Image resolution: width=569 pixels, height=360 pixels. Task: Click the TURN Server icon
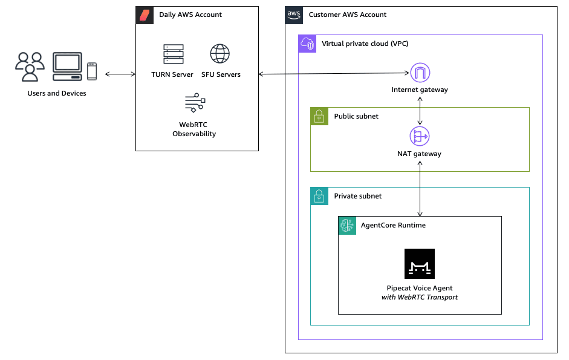(173, 54)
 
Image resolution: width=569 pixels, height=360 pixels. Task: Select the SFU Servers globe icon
(220, 54)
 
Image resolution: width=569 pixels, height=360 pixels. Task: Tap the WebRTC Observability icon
(195, 103)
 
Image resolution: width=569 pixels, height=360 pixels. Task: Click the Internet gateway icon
(420, 73)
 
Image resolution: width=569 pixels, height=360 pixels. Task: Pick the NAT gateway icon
(420, 137)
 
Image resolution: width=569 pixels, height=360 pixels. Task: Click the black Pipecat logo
(420, 264)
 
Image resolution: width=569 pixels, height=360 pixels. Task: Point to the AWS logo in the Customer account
(294, 15)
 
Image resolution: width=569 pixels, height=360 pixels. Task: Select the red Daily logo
(145, 15)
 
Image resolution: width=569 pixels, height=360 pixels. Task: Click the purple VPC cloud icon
(307, 44)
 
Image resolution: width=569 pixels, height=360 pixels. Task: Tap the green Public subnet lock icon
(319, 116)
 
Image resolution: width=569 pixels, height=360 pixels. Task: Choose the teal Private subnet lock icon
(319, 196)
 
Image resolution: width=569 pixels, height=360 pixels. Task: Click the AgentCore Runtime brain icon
(347, 225)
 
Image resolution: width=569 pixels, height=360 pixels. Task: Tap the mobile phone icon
(92, 71)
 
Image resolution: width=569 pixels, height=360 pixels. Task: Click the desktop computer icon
(67, 67)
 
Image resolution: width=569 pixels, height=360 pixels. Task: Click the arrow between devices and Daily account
(120, 74)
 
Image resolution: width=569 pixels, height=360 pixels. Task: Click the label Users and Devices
(57, 93)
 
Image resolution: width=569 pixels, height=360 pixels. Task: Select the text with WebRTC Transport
(420, 297)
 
